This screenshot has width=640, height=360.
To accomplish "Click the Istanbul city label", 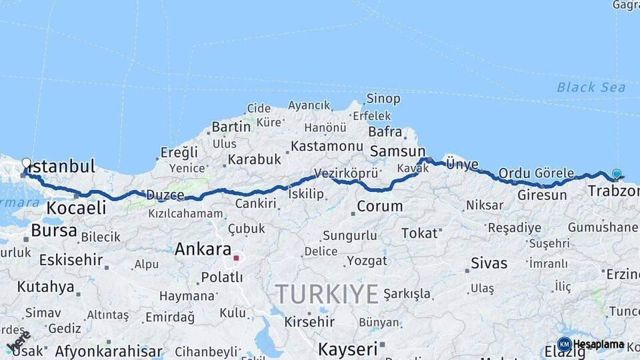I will coord(62,166).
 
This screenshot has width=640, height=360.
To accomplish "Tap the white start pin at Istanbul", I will coord(26,163).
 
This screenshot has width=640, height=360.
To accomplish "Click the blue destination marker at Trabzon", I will coord(617,174).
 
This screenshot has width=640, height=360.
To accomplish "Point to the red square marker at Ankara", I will coord(236,257).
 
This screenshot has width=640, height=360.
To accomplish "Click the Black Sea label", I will coord(591,87).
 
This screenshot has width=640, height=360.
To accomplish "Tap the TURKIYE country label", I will coord(327,293).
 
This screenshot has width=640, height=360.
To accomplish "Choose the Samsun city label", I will coord(397,151).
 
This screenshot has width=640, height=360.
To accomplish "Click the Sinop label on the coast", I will coord(383,99).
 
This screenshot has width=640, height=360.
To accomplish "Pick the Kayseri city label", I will coord(347,349).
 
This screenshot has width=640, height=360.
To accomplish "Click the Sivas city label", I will coord(489,263).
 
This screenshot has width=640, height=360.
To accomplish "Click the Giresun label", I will coord(542,195).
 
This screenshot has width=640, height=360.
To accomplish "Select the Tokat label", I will coord(420,233).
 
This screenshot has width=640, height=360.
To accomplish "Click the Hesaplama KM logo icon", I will coord(565,344).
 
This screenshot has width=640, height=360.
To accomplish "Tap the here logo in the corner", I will coord(18,341).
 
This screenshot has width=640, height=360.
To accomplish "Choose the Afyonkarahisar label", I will coord(109,351).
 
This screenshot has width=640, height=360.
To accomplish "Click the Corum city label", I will coord(379,206).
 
